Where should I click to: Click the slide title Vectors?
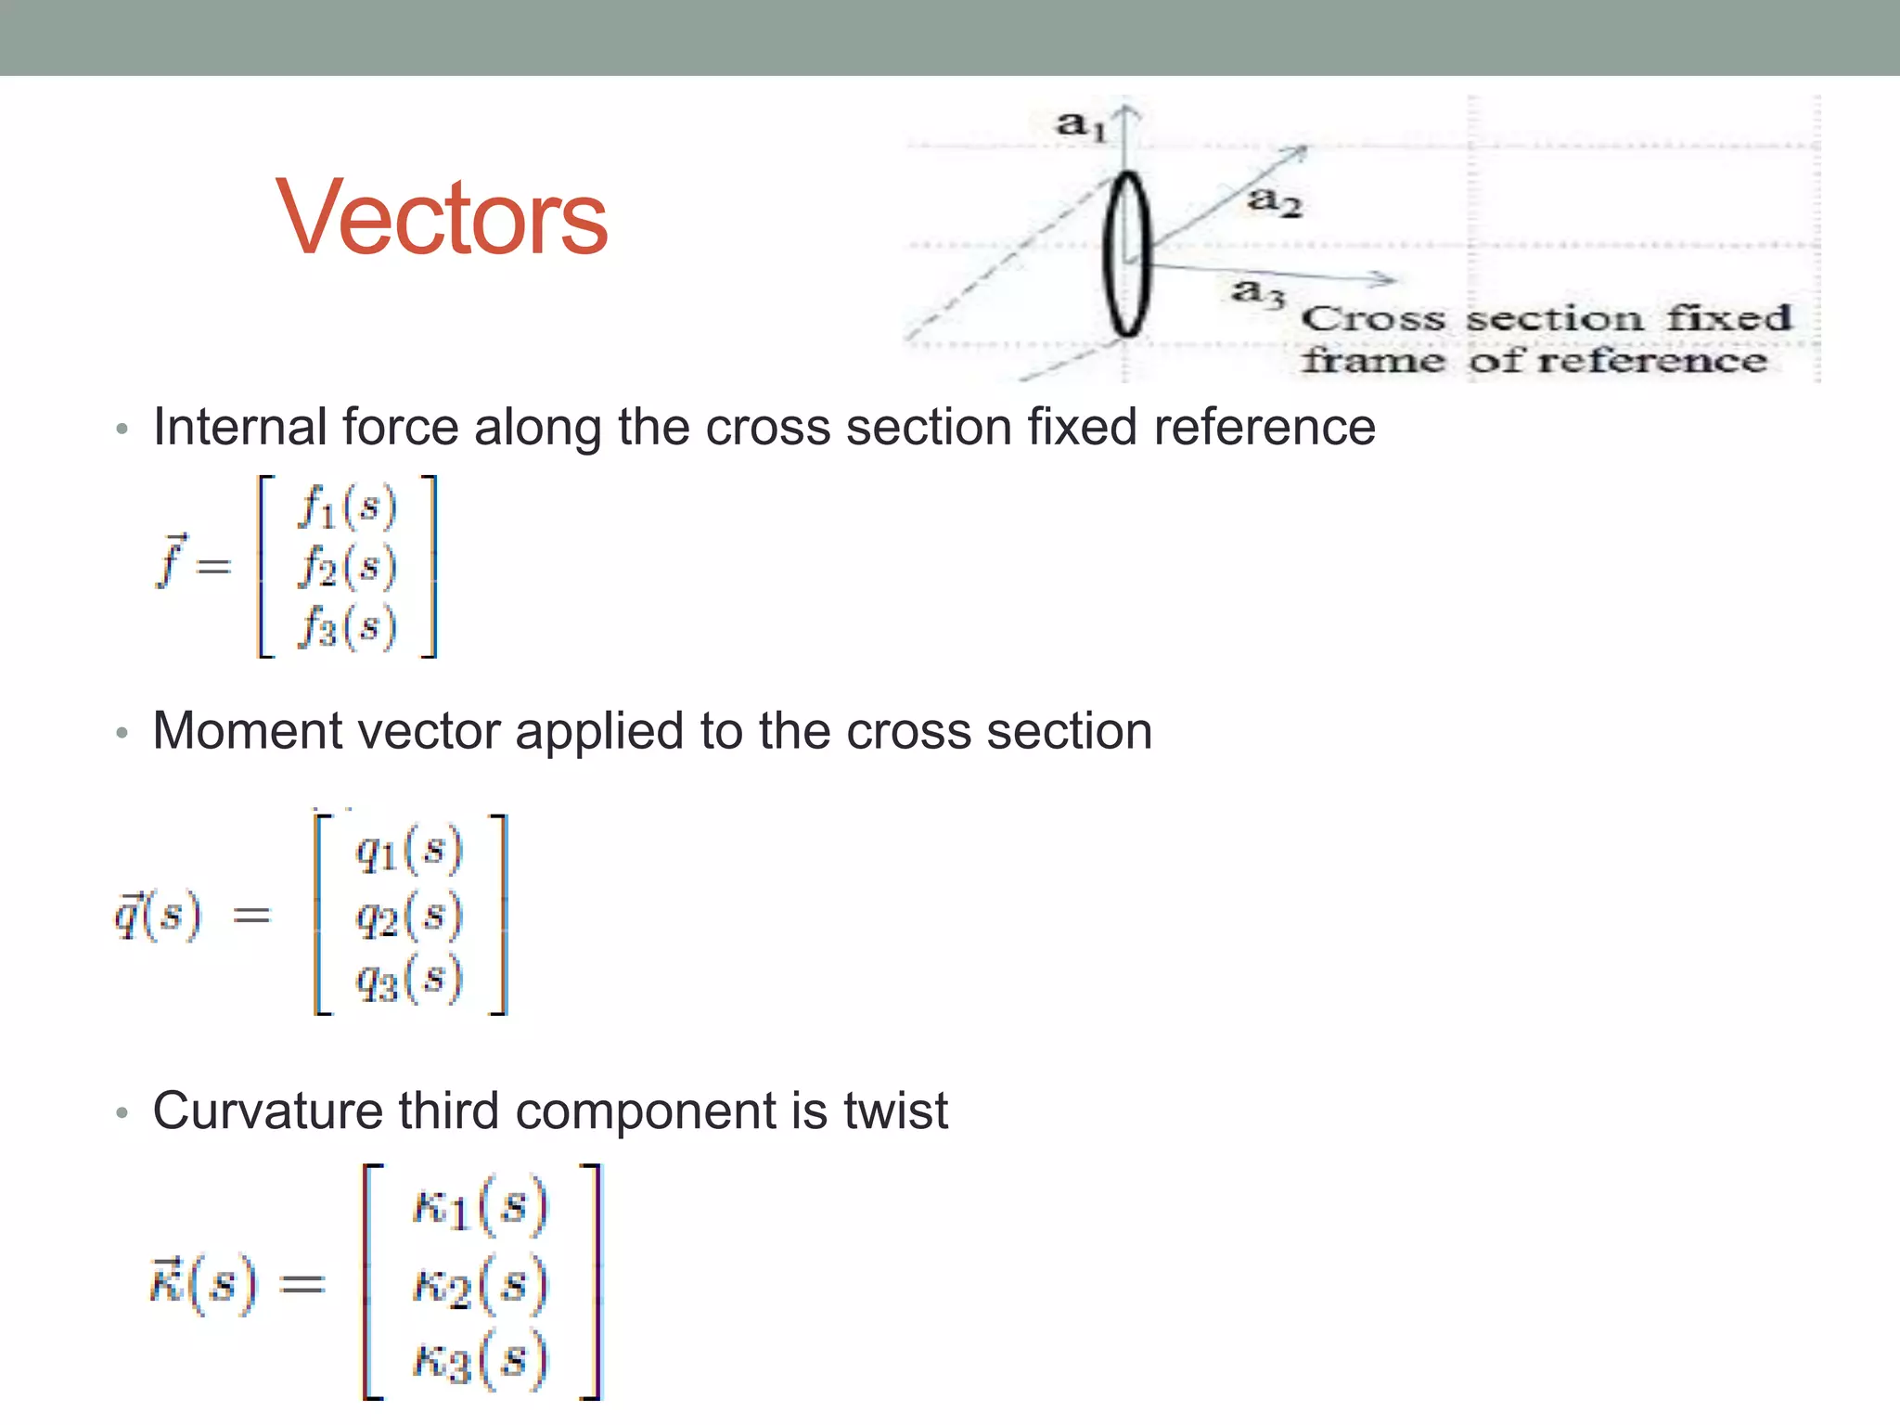[x=442, y=219]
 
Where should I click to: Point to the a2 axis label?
[x=1275, y=200]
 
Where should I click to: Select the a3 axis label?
[x=1258, y=292]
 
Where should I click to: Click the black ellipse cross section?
[x=1126, y=253]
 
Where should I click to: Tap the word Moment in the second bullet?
[x=248, y=731]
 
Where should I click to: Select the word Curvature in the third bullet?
[x=267, y=1110]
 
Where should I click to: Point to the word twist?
[x=895, y=1110]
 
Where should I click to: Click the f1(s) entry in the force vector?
[x=347, y=507]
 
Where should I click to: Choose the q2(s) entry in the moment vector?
[x=408, y=917]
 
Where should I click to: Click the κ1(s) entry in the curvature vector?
[x=480, y=1206]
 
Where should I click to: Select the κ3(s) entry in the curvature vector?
[x=480, y=1360]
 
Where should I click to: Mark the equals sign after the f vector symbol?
[x=213, y=565]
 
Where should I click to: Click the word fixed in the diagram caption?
[x=1727, y=318]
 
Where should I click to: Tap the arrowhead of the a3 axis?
[x=1387, y=278]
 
